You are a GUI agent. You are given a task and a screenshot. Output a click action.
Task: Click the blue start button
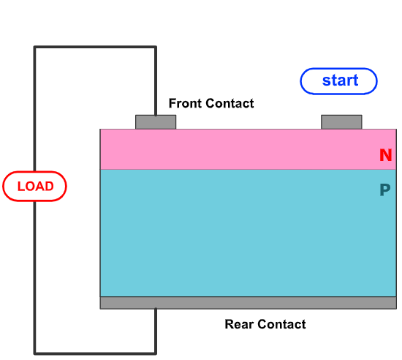tap(339, 80)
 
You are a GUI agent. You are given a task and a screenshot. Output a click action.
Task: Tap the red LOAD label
tap(34, 186)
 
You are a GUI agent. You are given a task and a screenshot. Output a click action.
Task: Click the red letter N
tap(385, 155)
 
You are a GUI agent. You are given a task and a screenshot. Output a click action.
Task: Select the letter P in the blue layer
tap(384, 191)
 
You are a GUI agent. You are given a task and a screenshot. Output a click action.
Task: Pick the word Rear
tap(238, 324)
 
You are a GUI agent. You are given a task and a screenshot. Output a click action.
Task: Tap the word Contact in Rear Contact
tap(281, 324)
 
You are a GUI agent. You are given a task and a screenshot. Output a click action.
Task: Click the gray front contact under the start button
tap(341, 121)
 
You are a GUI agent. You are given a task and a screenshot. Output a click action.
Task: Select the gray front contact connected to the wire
tap(156, 121)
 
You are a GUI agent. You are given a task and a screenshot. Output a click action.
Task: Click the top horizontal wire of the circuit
tap(95, 48)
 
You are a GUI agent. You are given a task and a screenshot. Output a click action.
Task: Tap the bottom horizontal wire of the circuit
tap(95, 353)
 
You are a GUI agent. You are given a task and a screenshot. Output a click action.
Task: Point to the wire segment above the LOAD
tap(34, 110)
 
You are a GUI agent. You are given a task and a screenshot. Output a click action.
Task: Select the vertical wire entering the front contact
tap(156, 80)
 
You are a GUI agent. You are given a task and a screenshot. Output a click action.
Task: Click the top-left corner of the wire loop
tap(34, 48)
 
